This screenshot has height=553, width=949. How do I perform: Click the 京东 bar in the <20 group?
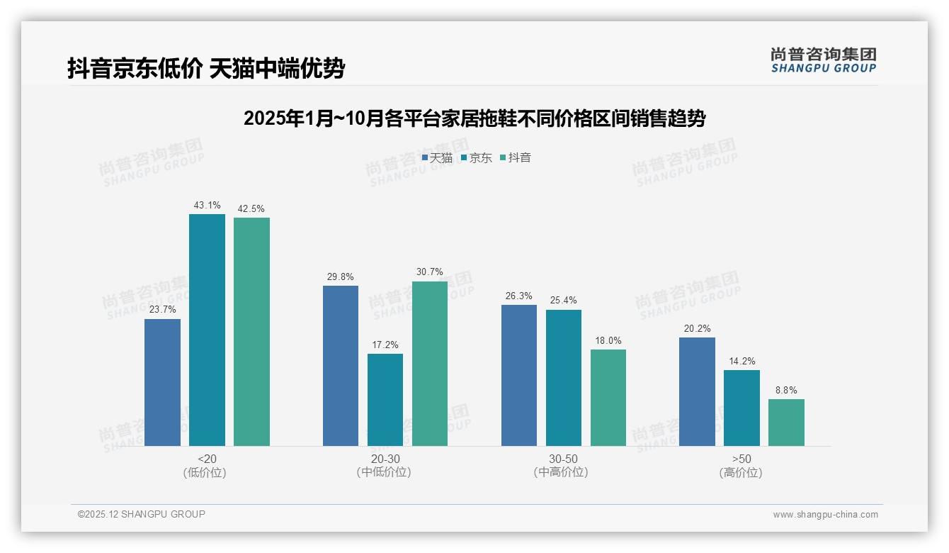(207, 330)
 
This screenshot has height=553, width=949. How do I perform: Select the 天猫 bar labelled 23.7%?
(162, 382)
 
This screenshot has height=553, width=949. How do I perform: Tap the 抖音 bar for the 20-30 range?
(430, 363)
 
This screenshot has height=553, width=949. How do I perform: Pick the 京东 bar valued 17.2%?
(385, 400)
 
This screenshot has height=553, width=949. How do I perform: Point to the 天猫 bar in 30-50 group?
(519, 375)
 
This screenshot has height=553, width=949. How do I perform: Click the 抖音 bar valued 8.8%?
(786, 423)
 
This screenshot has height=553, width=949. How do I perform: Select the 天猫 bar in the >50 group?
(697, 391)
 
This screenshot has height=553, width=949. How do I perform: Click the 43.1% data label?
(207, 205)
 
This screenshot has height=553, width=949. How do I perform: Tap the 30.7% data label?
(430, 272)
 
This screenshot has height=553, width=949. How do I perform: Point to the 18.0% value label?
(608, 340)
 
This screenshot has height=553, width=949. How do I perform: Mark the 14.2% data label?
(741, 360)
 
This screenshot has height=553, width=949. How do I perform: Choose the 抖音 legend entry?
(516, 157)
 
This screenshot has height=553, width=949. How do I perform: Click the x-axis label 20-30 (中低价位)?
(385, 465)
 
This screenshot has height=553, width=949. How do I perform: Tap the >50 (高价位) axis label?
(741, 465)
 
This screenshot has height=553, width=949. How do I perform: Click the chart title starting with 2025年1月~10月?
(474, 118)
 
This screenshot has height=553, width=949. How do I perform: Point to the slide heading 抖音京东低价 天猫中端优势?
(206, 68)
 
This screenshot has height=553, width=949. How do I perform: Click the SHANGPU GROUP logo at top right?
(824, 60)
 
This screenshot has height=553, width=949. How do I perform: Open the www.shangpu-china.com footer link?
(825, 514)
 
